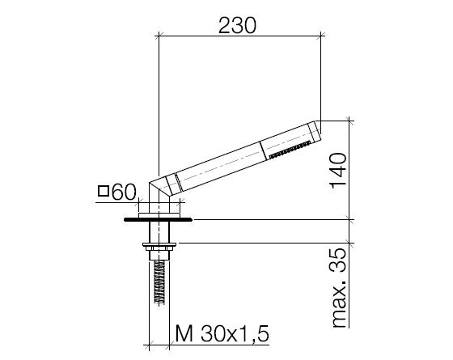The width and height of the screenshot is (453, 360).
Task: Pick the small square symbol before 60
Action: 104,192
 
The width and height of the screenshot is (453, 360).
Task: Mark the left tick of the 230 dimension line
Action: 159,36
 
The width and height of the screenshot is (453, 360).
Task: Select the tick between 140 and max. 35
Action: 351,218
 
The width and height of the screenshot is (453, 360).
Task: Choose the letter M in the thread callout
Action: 184,333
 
